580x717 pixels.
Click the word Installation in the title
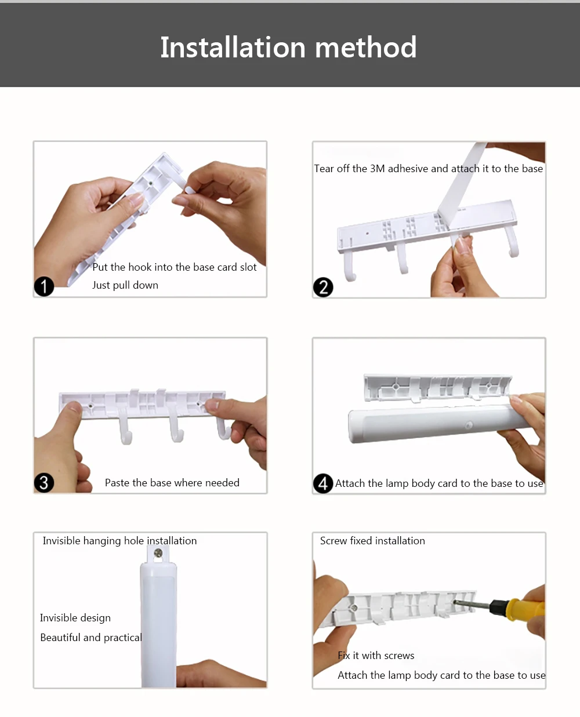(x=233, y=47)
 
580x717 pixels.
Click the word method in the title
(x=366, y=47)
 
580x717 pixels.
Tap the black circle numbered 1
(x=43, y=286)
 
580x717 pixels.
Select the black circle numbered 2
(x=323, y=287)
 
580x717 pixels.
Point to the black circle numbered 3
(x=43, y=483)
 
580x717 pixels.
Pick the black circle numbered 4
(x=323, y=483)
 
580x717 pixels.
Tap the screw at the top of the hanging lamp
(x=158, y=553)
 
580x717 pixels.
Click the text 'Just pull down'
(x=125, y=285)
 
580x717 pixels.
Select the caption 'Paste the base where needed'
(x=172, y=483)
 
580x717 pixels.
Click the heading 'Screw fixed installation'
(x=372, y=541)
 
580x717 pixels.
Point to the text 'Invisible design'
(x=75, y=618)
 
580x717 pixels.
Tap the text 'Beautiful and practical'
(x=91, y=637)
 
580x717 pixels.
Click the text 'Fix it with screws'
(x=376, y=656)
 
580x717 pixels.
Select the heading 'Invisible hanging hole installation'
(x=119, y=541)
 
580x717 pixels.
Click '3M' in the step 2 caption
(x=377, y=168)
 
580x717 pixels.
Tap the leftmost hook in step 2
(x=349, y=267)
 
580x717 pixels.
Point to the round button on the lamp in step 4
(x=469, y=425)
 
